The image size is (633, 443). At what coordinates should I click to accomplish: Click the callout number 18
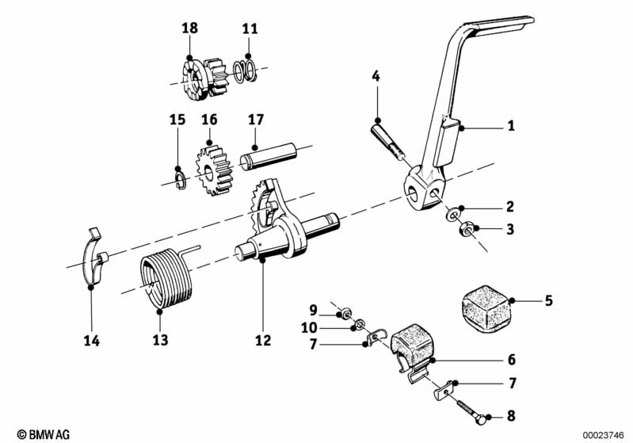[x=189, y=28]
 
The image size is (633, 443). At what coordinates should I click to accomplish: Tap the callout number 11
[x=250, y=28]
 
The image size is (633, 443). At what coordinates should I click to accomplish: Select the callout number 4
[x=376, y=77]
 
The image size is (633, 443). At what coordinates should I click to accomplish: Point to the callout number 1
[x=511, y=125]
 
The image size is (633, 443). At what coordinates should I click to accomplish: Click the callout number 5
[x=548, y=301]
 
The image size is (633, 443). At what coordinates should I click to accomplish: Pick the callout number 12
[x=263, y=341]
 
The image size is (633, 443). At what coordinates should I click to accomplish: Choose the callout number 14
[x=93, y=341]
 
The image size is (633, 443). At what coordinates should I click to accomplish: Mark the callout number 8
[x=512, y=415]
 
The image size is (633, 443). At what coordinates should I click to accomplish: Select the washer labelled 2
[x=452, y=214]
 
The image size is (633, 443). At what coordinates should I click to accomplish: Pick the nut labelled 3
[x=466, y=231]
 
